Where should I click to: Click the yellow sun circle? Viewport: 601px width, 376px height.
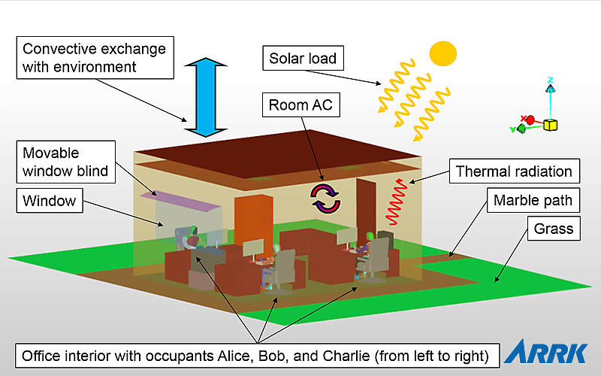(x=442, y=53)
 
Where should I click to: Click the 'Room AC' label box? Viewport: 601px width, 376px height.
(x=300, y=105)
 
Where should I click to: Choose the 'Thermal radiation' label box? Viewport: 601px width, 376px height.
(x=514, y=171)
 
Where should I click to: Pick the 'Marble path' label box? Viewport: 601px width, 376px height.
(x=532, y=201)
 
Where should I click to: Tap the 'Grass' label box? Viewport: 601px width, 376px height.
(x=553, y=228)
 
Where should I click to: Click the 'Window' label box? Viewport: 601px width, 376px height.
(x=50, y=201)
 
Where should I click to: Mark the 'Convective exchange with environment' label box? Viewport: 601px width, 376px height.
(x=93, y=58)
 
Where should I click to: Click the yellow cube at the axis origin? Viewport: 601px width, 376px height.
(x=551, y=124)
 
